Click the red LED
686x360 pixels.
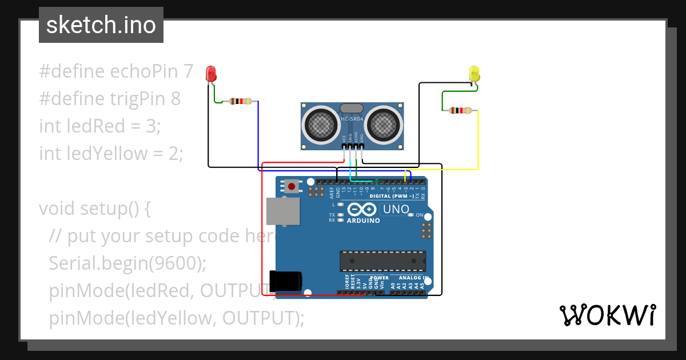[211, 74]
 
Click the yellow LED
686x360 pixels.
[474, 74]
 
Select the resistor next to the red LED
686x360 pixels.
[240, 102]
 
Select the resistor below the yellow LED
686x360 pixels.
[460, 110]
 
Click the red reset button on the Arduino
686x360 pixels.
[293, 186]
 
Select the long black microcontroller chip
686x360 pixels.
[383, 261]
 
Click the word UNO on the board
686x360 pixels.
[396, 210]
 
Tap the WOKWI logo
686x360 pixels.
[607, 315]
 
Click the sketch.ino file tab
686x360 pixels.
[101, 25]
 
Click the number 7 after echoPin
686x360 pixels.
[188, 71]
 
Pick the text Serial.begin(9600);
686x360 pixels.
[127, 263]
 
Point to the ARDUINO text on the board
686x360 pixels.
[364, 221]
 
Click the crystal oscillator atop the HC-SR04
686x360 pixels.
[352, 109]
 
